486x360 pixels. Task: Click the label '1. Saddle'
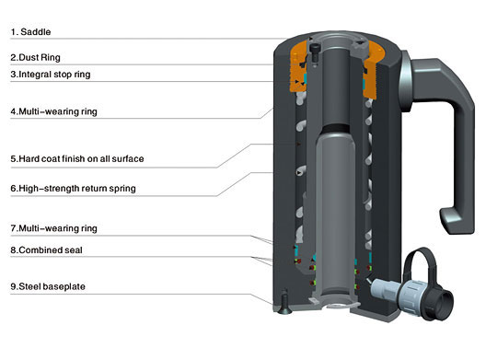click(x=30, y=31)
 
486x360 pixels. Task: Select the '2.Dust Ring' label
click(x=35, y=57)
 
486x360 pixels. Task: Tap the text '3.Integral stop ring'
click(x=51, y=75)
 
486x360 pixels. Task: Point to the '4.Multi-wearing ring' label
click(x=54, y=111)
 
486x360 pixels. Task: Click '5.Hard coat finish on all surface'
click(x=77, y=158)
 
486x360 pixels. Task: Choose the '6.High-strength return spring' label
click(x=73, y=188)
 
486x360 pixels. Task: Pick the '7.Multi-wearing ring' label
click(x=54, y=228)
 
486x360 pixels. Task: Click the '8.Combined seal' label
click(x=47, y=250)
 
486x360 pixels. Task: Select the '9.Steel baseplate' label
click(x=48, y=286)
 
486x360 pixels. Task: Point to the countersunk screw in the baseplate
click(x=284, y=302)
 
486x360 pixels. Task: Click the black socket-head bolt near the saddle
click(x=314, y=52)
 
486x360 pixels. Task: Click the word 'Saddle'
click(x=36, y=31)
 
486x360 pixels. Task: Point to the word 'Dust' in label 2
click(x=28, y=57)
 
